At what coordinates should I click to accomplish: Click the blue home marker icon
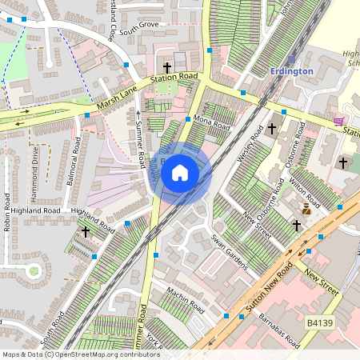[x=180, y=173]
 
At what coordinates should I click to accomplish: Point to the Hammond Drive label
[x=34, y=165]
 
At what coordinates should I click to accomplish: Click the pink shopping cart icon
[x=339, y=122]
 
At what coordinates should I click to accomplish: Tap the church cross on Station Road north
[x=167, y=68]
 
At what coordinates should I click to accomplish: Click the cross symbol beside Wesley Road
[x=272, y=128]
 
